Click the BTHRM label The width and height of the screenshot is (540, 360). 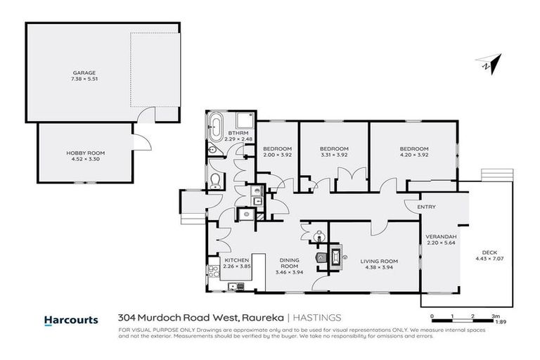coord(233,133)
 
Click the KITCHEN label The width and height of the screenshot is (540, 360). coord(232,260)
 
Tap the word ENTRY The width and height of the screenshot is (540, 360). coord(427,207)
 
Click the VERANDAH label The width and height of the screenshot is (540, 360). coord(442,236)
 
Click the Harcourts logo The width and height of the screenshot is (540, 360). coord(71,319)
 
